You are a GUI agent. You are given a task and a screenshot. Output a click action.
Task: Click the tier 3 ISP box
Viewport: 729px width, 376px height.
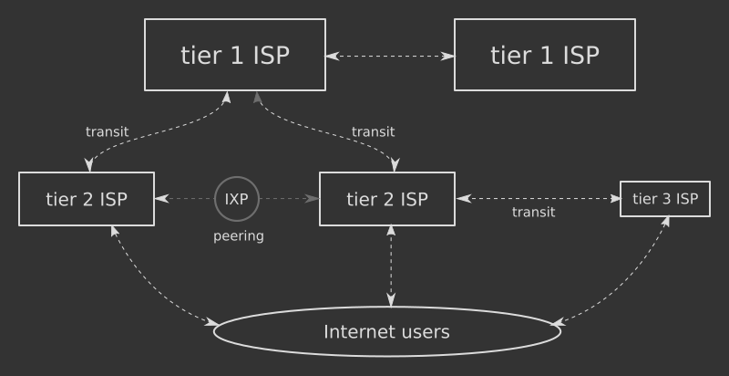tap(665, 199)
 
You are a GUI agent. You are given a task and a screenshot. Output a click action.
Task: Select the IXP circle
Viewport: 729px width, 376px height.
tap(237, 199)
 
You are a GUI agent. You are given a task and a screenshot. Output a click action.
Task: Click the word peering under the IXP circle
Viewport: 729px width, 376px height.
tap(239, 236)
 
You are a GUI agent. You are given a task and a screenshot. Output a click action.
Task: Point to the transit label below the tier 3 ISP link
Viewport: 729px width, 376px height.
tap(533, 213)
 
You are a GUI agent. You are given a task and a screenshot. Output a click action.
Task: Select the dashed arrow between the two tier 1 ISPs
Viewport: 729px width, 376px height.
tap(390, 56)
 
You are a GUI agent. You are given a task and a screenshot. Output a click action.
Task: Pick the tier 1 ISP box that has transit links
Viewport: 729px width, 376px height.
tap(235, 55)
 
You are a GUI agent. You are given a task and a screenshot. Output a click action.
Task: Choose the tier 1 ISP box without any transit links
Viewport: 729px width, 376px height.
tap(544, 55)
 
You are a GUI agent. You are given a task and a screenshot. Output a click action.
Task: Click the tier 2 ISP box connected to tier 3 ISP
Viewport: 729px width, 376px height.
tap(387, 199)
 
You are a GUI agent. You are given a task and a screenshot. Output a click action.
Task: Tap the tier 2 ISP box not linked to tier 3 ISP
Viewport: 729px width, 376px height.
tap(87, 199)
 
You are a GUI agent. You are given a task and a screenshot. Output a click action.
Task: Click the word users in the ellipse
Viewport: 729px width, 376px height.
tap(426, 332)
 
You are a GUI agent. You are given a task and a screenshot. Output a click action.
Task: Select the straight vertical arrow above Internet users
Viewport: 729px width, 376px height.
tap(391, 266)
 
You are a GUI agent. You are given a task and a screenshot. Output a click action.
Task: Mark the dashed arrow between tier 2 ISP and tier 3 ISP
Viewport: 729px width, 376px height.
tap(538, 198)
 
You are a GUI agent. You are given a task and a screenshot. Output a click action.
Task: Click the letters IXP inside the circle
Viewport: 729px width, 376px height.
tap(237, 199)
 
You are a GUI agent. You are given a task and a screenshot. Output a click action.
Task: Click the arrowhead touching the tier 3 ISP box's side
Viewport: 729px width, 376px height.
tap(615, 198)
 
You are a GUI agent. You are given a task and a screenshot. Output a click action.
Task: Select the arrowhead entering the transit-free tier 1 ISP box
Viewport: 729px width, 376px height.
tap(448, 56)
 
